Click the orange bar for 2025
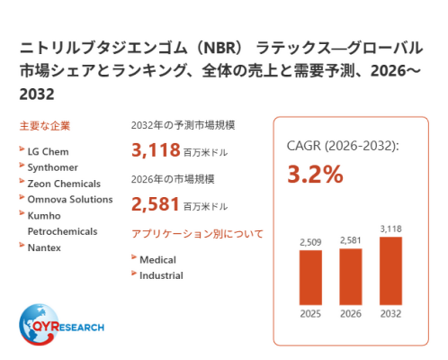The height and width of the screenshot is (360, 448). point(310,277)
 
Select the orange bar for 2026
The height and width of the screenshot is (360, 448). point(351,276)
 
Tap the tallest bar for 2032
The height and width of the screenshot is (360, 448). point(390,271)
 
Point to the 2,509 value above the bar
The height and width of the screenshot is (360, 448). point(310,242)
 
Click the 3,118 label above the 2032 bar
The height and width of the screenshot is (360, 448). point(390,229)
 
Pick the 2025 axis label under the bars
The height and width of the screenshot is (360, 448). point(310,314)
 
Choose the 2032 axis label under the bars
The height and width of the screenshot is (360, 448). point(390,314)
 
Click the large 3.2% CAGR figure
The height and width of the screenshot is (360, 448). point(315,174)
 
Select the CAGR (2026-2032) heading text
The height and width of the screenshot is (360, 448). point(343,146)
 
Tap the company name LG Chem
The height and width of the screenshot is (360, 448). point(48,151)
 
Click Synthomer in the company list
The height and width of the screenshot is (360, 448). point(53,167)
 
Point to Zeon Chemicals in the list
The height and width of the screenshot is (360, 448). point(64,184)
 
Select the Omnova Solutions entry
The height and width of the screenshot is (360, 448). point(70,200)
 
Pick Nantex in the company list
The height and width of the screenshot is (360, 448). point(44,247)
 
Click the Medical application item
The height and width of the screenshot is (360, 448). point(157,260)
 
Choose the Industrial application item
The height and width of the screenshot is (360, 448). point(161,275)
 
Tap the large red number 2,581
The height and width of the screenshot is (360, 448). point(156,204)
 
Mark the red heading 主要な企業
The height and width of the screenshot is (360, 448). point(45,126)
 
